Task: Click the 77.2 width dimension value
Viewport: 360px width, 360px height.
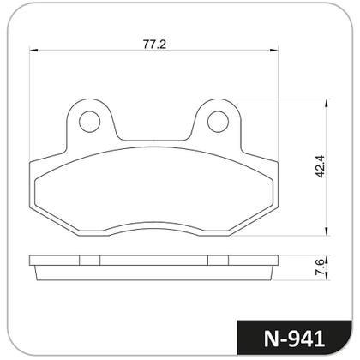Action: click(154, 45)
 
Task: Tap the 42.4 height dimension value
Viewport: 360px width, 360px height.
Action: click(320, 166)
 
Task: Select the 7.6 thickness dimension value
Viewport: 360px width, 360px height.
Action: click(320, 267)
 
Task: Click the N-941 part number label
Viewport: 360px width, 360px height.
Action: click(294, 339)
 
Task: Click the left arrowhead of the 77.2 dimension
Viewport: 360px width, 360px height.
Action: click(33, 51)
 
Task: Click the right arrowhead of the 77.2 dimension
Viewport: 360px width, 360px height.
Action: click(274, 51)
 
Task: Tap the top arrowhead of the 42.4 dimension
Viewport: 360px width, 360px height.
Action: click(327, 104)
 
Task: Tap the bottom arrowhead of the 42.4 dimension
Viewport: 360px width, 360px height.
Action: click(327, 231)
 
